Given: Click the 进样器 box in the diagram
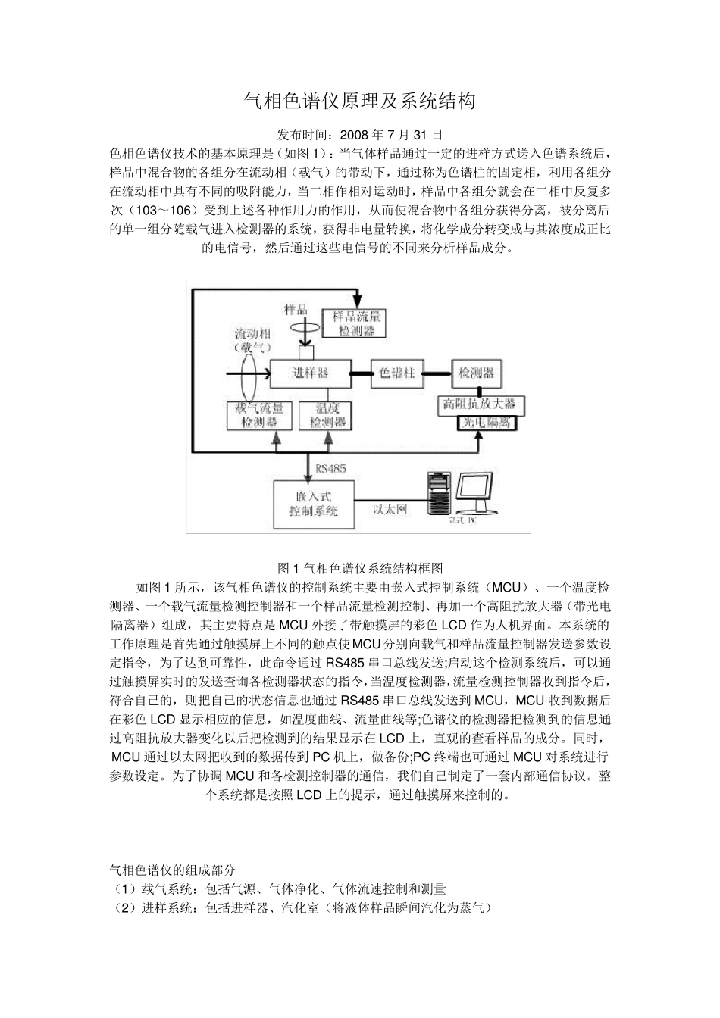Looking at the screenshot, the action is (x=311, y=373).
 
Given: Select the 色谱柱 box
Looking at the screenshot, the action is (x=396, y=373).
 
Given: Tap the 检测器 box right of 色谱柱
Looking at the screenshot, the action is (x=476, y=373).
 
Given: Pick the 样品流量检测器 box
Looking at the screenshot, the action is (x=354, y=323).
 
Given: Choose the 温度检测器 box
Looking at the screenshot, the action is (x=327, y=416).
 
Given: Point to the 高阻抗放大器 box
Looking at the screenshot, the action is (x=479, y=404).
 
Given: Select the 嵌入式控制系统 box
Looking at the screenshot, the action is (x=312, y=504).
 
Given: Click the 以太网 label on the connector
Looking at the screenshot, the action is (x=390, y=509).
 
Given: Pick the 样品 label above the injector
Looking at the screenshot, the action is (x=295, y=309).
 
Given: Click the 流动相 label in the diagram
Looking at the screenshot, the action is (x=252, y=333).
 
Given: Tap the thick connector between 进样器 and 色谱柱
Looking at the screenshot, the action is (x=361, y=373).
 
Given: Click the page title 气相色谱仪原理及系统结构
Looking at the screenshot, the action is (x=359, y=101).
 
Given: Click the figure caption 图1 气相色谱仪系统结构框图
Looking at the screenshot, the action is (x=360, y=567).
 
